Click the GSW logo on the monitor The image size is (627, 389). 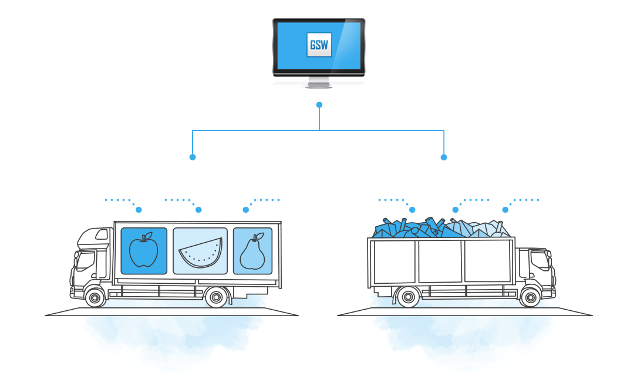(x=319, y=45)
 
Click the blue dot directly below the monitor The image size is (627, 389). (x=319, y=105)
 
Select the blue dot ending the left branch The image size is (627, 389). (x=193, y=157)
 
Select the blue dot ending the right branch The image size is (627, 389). (x=444, y=157)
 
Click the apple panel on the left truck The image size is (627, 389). (x=144, y=251)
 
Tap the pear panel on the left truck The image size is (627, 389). (x=252, y=251)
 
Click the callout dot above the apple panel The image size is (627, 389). (x=139, y=210)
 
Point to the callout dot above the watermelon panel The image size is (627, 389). (x=198, y=210)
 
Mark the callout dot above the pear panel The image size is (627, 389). (x=246, y=210)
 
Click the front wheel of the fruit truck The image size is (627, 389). (x=95, y=297)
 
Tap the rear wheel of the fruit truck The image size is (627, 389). (x=217, y=297)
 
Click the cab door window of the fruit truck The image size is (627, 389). (x=86, y=260)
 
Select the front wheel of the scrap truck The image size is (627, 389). (x=530, y=297)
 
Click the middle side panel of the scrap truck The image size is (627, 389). (x=440, y=261)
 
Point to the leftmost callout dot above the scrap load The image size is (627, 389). (x=412, y=210)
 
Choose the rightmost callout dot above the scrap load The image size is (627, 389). (x=505, y=210)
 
